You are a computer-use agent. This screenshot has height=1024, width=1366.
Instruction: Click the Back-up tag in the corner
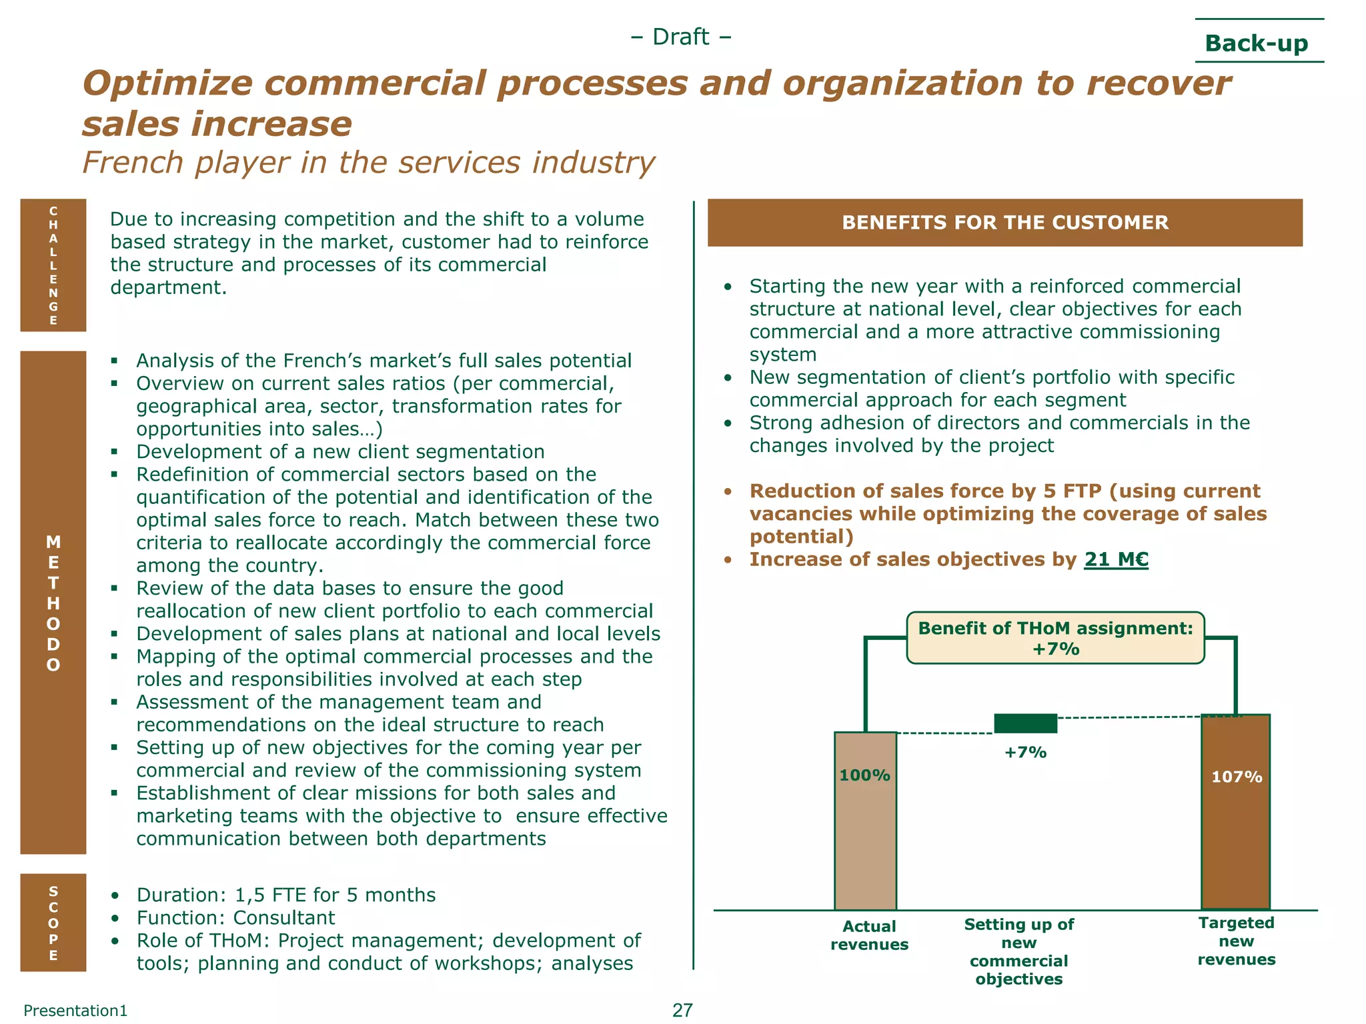tap(1256, 43)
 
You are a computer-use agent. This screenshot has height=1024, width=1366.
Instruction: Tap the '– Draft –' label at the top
tap(680, 37)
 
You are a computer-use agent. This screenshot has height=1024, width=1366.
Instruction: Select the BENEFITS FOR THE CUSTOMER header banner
tap(1004, 223)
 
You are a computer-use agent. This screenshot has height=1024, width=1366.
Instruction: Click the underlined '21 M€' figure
tap(1116, 559)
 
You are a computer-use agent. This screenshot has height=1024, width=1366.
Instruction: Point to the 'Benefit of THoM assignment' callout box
tap(1055, 638)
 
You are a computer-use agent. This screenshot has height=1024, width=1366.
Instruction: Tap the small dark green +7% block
tap(1025, 723)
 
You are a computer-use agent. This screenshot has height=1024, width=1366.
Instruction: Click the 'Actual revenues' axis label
tap(869, 935)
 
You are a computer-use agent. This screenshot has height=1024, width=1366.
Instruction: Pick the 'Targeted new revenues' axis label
tap(1236, 941)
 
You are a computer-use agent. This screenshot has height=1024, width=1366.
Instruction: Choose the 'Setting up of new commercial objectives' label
tap(1018, 951)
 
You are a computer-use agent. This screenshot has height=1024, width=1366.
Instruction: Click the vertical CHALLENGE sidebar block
tap(53, 265)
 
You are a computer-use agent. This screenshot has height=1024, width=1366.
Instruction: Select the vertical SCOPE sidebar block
tap(53, 922)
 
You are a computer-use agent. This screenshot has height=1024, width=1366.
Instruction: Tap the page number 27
tap(682, 1010)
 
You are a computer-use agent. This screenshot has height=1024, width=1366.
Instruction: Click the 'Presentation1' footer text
tap(75, 1011)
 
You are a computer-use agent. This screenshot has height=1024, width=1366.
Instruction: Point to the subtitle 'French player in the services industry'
tap(369, 163)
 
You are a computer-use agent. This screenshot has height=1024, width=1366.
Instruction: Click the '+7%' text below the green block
tap(1025, 753)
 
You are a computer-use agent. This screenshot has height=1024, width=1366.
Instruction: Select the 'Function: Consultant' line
tap(235, 918)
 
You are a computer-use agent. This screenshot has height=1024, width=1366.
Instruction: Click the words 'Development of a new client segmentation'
tap(340, 452)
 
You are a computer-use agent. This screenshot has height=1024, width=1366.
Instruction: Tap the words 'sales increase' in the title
tap(217, 125)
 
